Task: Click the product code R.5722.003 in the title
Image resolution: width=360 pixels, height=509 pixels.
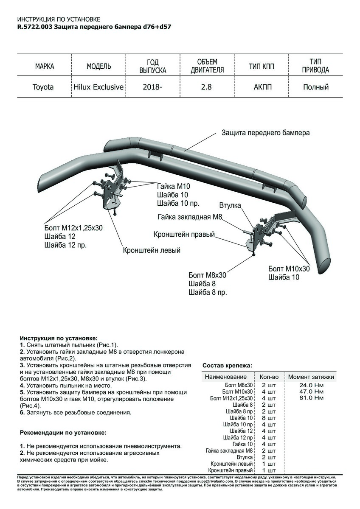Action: (35, 26)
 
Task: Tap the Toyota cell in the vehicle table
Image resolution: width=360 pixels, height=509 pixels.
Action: (43, 87)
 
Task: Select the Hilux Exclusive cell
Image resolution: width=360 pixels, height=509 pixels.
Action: (98, 87)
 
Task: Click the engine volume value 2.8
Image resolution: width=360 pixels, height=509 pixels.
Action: (207, 87)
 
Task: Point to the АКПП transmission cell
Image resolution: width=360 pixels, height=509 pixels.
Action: (262, 87)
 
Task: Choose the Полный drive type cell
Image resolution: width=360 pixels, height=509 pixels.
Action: (316, 87)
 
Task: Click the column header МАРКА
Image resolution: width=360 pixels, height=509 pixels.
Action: (45, 67)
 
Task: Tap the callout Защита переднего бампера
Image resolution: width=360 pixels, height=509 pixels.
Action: (265, 133)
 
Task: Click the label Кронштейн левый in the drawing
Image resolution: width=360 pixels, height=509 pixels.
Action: (152, 250)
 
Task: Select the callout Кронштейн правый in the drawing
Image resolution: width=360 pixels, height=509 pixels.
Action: (184, 235)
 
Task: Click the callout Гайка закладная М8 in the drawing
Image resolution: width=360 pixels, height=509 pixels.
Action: (190, 217)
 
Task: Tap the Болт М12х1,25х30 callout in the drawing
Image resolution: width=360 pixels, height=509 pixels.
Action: (73, 228)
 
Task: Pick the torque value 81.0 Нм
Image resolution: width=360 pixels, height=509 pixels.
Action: (312, 398)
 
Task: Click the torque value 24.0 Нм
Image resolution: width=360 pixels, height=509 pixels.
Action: (312, 385)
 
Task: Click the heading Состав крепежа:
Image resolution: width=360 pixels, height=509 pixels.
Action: (227, 365)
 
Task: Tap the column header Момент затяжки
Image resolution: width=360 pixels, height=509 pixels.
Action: (311, 377)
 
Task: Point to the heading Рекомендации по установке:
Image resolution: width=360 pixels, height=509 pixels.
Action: (63, 433)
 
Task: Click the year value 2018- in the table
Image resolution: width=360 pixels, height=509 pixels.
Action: (152, 87)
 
